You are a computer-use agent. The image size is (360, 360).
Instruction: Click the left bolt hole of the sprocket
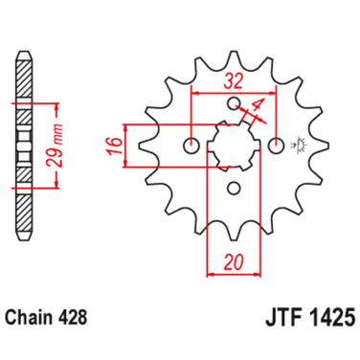click(193, 146)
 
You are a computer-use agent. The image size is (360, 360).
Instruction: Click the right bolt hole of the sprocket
click(277, 146)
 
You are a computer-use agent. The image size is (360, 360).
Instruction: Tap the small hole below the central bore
click(236, 187)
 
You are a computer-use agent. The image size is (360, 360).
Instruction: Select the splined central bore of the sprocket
click(235, 146)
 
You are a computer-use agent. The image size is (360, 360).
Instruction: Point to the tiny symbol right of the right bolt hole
click(300, 146)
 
